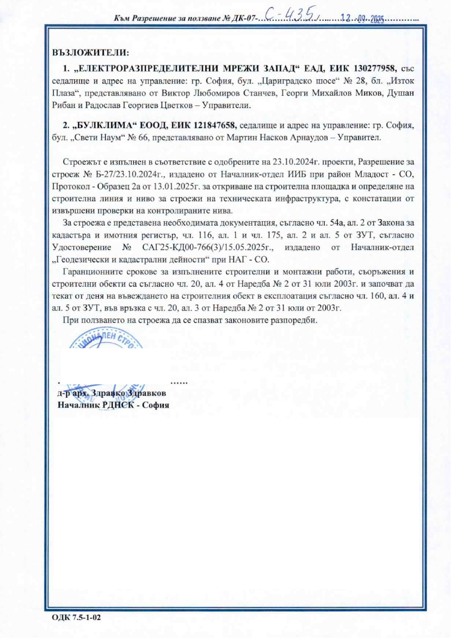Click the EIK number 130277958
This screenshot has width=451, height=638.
[x=371, y=69]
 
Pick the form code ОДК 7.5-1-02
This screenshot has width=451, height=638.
[x=76, y=618]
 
